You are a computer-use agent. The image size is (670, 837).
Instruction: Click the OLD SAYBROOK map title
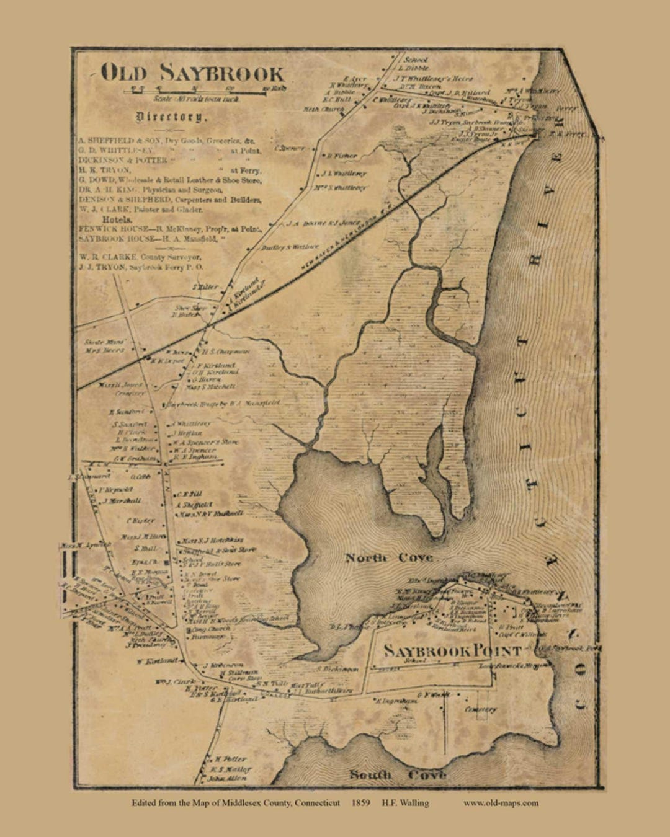pos(192,73)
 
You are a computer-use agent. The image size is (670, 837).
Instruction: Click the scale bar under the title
pos(205,91)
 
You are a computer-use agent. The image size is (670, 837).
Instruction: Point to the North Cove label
pos(389,558)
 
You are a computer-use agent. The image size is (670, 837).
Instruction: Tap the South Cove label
pos(397,775)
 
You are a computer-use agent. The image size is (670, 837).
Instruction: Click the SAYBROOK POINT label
pos(452,651)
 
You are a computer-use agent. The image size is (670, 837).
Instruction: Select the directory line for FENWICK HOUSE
pos(171,229)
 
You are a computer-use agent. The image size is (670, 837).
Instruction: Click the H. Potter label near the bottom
pos(230,759)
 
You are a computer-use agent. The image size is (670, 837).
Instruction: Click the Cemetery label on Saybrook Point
pos(480,709)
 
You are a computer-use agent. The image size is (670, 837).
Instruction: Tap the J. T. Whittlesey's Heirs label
pos(433,79)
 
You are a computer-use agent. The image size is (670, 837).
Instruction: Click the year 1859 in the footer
pos(360,803)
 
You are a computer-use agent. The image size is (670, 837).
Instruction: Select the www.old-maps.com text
pos(501,803)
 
